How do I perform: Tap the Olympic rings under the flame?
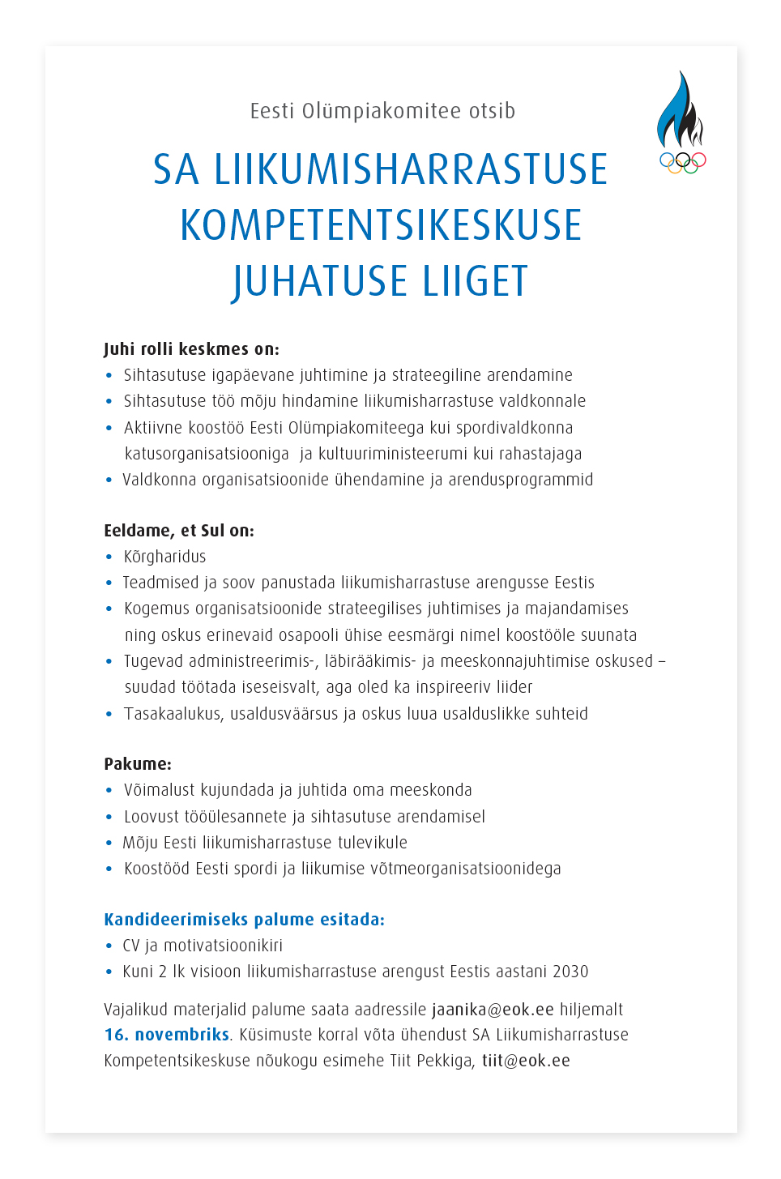tap(683, 162)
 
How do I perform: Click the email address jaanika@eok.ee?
tap(493, 1010)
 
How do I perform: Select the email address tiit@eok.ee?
tap(526, 1061)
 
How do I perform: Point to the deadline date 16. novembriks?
tap(167, 1035)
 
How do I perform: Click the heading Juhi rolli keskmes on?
tap(191, 349)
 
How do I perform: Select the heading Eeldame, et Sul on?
tap(179, 531)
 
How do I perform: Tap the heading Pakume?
tap(138, 764)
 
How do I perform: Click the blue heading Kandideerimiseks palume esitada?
tap(244, 920)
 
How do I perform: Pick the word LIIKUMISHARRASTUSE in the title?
tap(410, 170)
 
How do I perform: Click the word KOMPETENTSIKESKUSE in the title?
tap(381, 226)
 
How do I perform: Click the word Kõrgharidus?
tap(164, 557)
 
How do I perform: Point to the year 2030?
tap(570, 972)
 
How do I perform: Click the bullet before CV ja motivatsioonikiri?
tap(109, 946)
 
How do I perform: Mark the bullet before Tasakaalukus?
tap(109, 714)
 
